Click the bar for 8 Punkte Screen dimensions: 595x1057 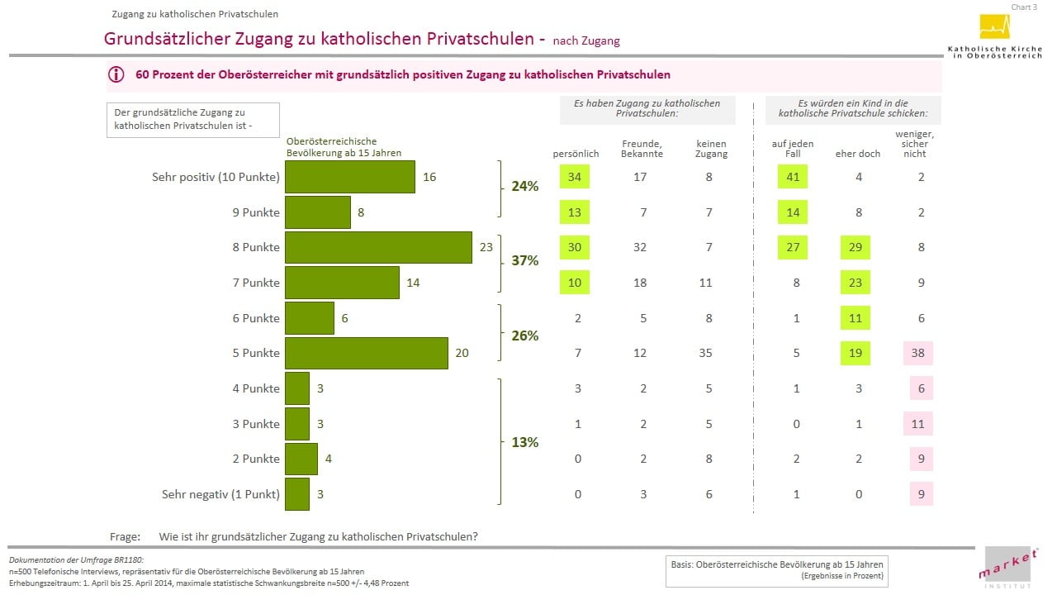[x=378, y=247]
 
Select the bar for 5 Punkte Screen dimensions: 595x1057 [x=366, y=353]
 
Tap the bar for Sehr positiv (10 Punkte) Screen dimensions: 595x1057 [x=349, y=177]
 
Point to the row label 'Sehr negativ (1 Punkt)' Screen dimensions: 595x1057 [x=220, y=495]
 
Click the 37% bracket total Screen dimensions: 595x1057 [x=525, y=261]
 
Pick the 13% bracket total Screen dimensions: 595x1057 [x=525, y=442]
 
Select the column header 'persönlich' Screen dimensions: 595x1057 [x=576, y=154]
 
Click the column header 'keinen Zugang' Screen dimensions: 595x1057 [x=711, y=149]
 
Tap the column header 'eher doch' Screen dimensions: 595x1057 [x=858, y=154]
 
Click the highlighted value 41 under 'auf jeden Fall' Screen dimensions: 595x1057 [x=793, y=177]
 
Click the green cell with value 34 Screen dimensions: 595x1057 [x=575, y=177]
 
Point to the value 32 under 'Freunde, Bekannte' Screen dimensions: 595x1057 [x=641, y=247]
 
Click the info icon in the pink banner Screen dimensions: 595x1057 [x=116, y=74]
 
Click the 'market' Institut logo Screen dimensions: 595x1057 [x=1007, y=568]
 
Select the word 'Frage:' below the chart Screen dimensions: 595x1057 [x=125, y=536]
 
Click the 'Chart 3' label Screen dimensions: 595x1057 [x=1024, y=7]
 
